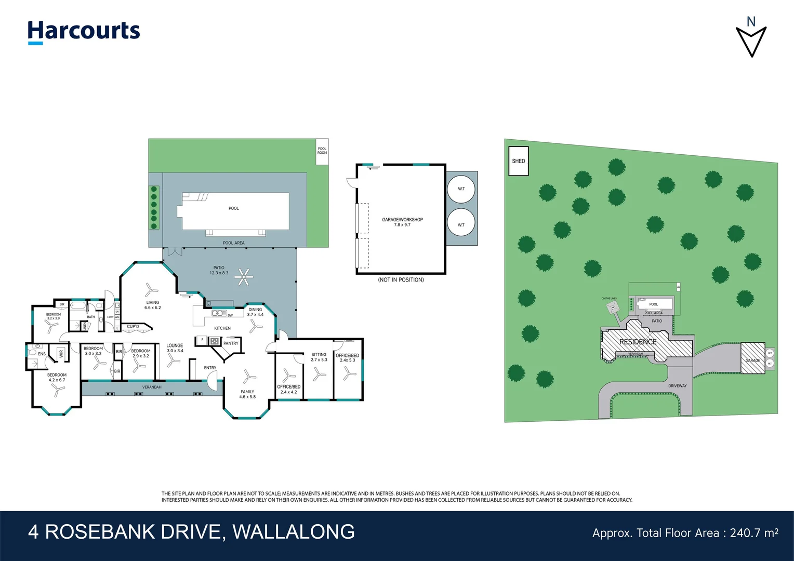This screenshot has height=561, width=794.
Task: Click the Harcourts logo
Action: [x=84, y=32]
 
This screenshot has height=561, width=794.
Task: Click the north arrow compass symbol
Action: [x=751, y=38]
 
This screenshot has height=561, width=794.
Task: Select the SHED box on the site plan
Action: [x=518, y=161]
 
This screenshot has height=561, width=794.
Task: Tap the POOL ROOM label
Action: [x=322, y=151]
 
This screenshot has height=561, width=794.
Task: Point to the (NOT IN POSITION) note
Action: [x=401, y=280]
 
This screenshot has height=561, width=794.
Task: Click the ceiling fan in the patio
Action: [x=243, y=277]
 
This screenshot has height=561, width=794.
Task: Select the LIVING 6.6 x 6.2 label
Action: [x=153, y=305]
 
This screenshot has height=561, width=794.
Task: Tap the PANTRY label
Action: [x=231, y=343]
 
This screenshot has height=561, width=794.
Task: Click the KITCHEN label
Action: [x=222, y=328]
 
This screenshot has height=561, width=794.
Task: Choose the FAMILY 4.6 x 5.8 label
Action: [x=247, y=394]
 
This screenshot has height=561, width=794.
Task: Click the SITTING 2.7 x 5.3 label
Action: [x=319, y=357]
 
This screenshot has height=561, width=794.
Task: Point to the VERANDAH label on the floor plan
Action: [x=152, y=387]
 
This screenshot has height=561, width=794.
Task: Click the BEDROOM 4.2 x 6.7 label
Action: [x=57, y=377]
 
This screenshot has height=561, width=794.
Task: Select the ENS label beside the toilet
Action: [x=42, y=354]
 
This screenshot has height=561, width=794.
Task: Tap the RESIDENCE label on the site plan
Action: [x=638, y=342]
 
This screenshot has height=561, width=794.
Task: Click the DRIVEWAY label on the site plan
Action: [x=677, y=386]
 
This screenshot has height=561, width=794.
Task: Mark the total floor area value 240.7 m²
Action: [x=753, y=533]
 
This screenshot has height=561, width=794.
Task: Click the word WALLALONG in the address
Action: [x=294, y=532]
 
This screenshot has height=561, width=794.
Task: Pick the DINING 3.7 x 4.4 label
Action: [x=255, y=312]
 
